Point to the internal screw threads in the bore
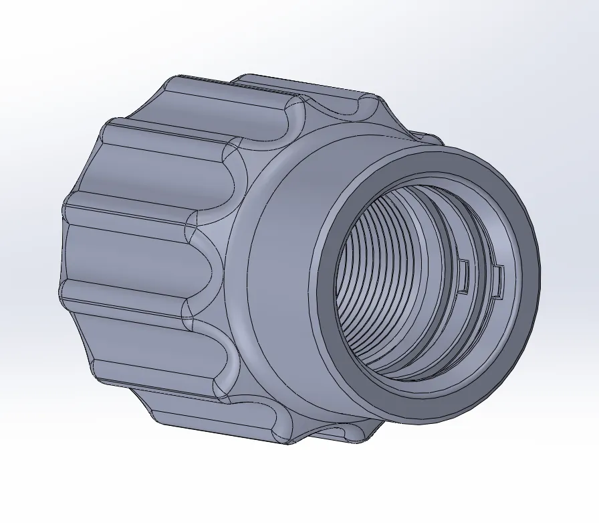[x=374, y=281]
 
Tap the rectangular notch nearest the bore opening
[x=497, y=281]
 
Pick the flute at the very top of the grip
[x=334, y=100]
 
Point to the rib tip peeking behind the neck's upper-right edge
[x=428, y=137]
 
